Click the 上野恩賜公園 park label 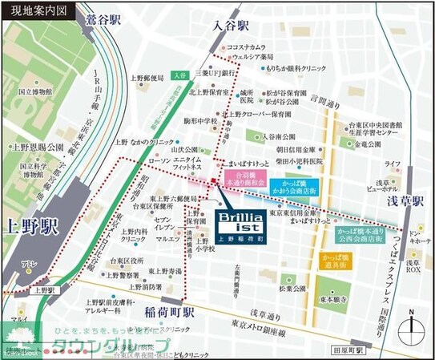(x=37, y=148)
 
